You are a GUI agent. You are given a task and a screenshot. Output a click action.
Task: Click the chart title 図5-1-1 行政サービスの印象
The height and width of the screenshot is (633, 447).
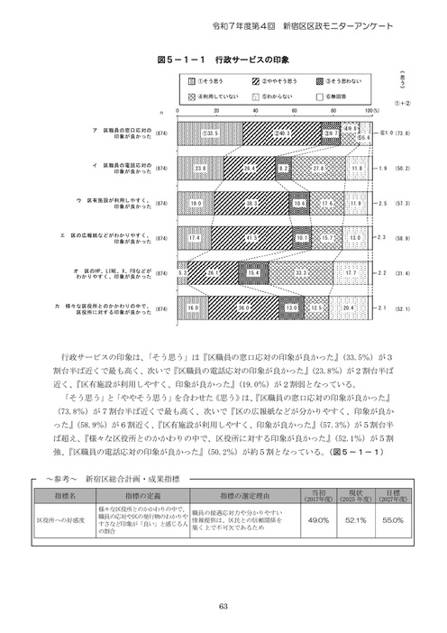[x=223, y=58]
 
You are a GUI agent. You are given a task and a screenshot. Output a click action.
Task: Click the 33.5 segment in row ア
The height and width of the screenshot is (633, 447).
[x=212, y=133]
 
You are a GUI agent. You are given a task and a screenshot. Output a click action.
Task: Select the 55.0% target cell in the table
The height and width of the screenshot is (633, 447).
[x=394, y=520]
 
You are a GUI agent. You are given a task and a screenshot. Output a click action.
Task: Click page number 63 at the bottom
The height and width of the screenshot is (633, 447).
[x=223, y=605]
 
